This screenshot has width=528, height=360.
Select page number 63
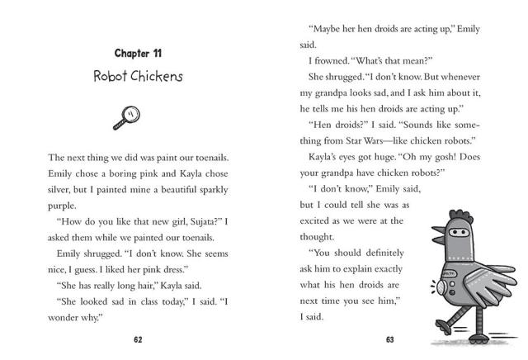coord(391,339)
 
